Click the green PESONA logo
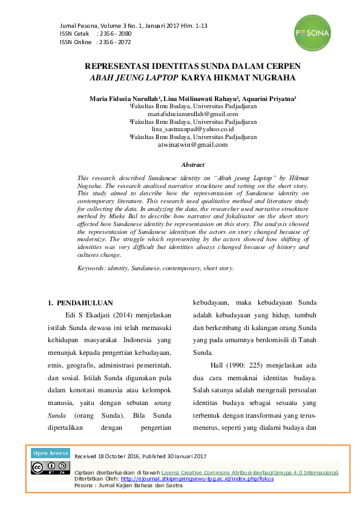pyautogui.click(x=313, y=33)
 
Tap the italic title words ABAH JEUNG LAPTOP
pyautogui.click(x=133, y=78)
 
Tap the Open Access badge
pyautogui.click(x=51, y=453)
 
